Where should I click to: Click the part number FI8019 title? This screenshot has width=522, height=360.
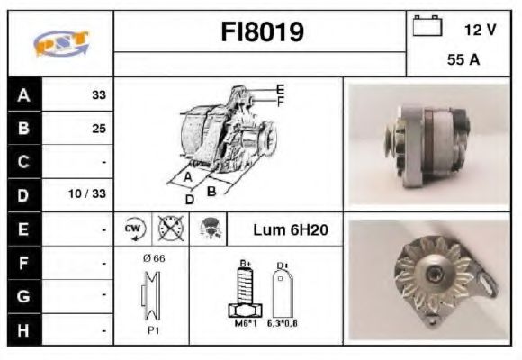coord(262,32)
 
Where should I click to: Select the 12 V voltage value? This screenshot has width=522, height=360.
coord(480,30)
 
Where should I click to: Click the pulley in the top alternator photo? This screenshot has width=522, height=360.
coord(391,143)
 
